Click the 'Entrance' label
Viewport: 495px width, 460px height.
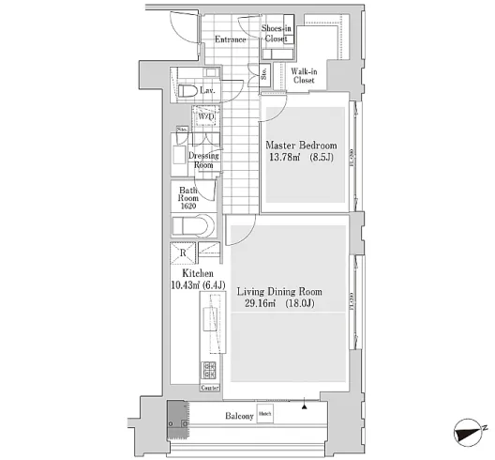[230, 39]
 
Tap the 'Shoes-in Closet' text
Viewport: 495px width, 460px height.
[275, 35]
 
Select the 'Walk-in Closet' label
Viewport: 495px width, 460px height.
[303, 77]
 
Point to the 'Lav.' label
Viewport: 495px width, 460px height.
[208, 91]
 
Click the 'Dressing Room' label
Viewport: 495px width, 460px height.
[203, 161]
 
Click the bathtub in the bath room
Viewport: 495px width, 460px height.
[193, 227]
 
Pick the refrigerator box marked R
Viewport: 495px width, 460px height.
[182, 253]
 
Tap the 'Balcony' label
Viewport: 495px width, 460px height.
[238, 415]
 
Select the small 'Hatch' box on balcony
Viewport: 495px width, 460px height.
[266, 414]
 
